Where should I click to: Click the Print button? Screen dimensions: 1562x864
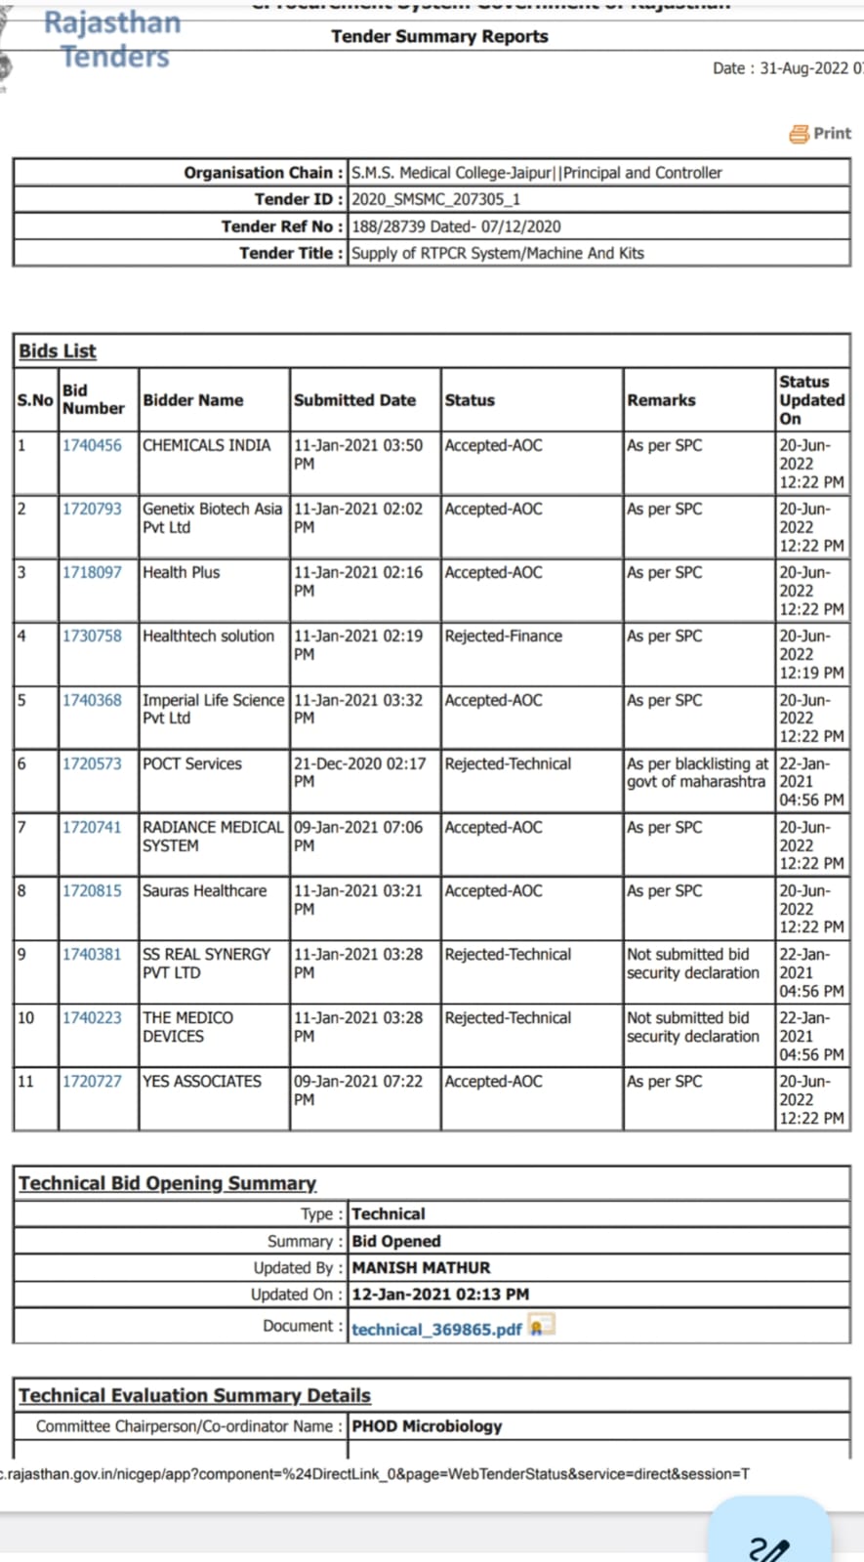(x=821, y=134)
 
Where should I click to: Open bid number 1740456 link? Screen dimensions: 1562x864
(x=92, y=445)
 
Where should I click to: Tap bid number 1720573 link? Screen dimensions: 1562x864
(x=92, y=763)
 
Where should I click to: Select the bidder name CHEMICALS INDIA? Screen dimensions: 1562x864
(x=206, y=445)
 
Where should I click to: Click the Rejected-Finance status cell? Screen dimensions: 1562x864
(x=503, y=636)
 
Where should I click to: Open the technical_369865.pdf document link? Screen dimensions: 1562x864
(x=436, y=1330)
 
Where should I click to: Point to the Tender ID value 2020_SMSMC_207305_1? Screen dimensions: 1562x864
(x=435, y=199)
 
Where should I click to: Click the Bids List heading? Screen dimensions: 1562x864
(x=58, y=350)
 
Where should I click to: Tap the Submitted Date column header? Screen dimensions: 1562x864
(x=354, y=400)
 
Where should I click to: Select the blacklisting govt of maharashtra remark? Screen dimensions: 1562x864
(x=697, y=772)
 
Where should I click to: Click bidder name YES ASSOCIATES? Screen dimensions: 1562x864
(x=202, y=1081)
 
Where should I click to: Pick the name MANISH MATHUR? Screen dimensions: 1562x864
(x=421, y=1267)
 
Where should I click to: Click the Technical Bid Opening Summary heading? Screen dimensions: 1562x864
(x=167, y=1183)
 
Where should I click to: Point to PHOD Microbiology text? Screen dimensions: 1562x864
(x=427, y=1426)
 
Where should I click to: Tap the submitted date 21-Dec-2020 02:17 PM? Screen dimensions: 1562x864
(x=359, y=772)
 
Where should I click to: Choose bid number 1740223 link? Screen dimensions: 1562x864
(x=92, y=1017)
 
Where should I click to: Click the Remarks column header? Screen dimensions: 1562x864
(x=661, y=400)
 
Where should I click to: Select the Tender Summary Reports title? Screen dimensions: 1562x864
(x=439, y=36)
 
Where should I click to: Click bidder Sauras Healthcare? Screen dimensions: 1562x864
(x=204, y=890)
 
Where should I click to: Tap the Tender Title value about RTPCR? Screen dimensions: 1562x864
(x=498, y=253)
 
